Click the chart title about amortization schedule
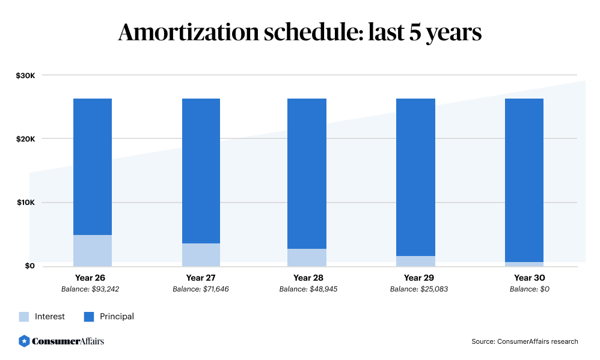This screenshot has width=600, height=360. click(x=299, y=32)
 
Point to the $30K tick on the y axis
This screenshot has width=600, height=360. click(x=26, y=76)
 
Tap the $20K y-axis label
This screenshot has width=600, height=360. click(x=26, y=139)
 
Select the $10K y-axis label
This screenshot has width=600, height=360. click(x=26, y=203)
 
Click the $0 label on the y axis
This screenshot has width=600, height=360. click(x=29, y=266)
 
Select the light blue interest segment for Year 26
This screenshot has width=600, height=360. click(x=93, y=251)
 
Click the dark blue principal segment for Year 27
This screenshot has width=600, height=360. click(x=201, y=171)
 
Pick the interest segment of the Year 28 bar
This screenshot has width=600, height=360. click(x=307, y=257)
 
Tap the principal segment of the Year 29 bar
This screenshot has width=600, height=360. click(x=415, y=177)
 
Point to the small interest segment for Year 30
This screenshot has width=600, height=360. click(x=524, y=264)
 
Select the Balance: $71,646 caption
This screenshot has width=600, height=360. click(x=201, y=289)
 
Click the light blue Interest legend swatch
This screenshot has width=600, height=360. click(x=24, y=317)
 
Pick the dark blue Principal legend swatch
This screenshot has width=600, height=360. click(x=89, y=317)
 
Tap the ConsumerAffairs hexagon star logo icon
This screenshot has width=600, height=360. click(x=25, y=341)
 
